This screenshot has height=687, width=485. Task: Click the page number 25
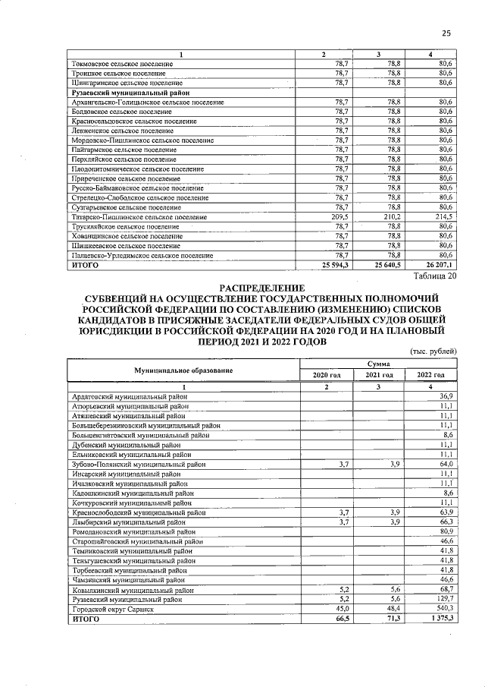[x=447, y=33]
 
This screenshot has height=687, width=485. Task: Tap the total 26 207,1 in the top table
[x=438, y=266]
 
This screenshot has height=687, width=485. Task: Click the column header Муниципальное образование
[x=183, y=370]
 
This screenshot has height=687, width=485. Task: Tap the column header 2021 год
[x=379, y=375]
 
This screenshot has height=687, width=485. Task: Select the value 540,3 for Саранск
[x=442, y=610]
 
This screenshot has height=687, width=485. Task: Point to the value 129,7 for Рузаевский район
[x=442, y=600]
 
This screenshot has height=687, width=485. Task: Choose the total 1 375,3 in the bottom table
[x=439, y=619]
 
